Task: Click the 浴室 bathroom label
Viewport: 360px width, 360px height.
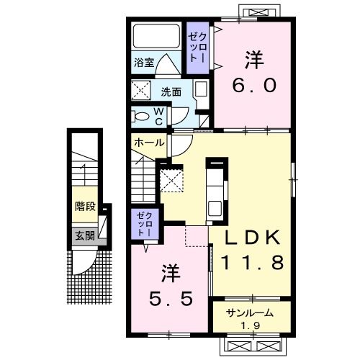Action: (143, 63)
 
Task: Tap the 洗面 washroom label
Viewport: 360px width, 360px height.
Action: (171, 92)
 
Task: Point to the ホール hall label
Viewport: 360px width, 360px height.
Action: (148, 143)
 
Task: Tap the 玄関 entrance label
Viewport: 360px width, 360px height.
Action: (84, 235)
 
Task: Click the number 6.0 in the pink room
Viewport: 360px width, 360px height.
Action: (253, 86)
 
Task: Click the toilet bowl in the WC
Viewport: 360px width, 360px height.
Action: (140, 114)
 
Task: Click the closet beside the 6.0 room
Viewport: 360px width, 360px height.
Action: (197, 47)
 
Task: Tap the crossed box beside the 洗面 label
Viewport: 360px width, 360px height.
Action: (140, 92)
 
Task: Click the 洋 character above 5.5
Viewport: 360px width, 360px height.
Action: (170, 274)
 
